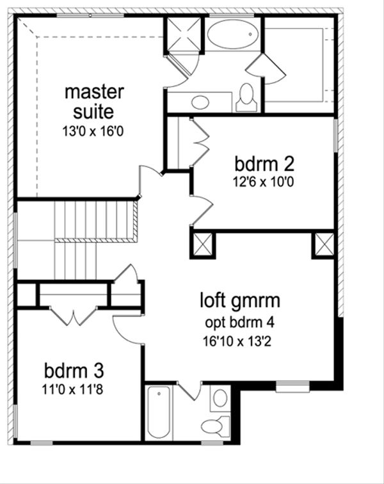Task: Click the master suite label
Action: click(x=94, y=102)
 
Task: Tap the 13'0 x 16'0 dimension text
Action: click(x=93, y=131)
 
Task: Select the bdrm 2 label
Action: click(x=264, y=164)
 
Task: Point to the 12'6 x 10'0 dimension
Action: click(x=263, y=182)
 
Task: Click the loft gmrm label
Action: click(x=240, y=301)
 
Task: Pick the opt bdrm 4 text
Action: click(x=240, y=323)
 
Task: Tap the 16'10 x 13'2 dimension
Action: click(x=237, y=341)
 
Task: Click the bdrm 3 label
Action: click(x=74, y=371)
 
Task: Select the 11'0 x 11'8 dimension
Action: click(x=72, y=389)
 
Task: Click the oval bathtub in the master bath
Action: click(x=233, y=34)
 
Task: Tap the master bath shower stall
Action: click(x=184, y=33)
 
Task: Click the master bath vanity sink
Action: click(x=200, y=102)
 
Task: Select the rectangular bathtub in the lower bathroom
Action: click(x=159, y=412)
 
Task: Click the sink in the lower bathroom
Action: click(x=220, y=398)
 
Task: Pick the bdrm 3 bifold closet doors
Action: click(x=74, y=316)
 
